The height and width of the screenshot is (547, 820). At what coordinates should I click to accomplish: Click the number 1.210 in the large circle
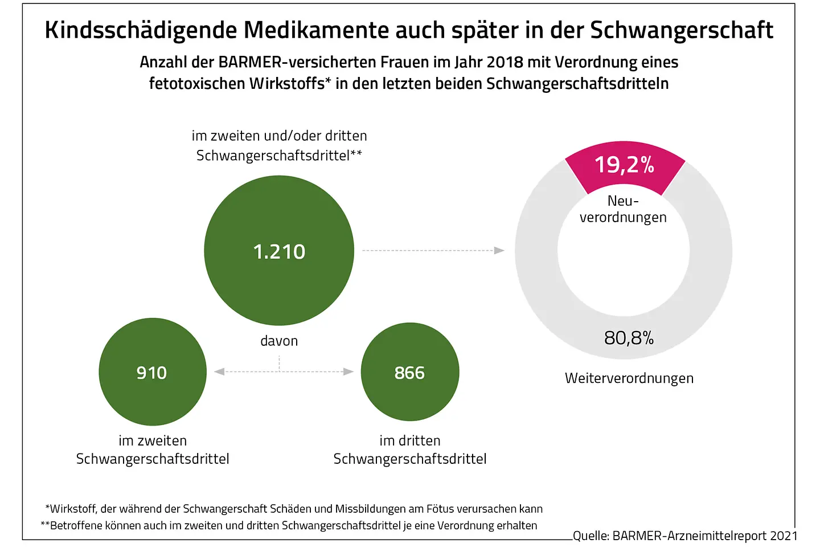tap(279, 251)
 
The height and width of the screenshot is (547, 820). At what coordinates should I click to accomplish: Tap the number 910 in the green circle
tap(151, 373)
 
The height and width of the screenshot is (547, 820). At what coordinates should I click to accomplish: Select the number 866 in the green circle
tap(409, 373)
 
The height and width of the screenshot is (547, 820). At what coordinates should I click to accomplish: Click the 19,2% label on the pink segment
tap(624, 165)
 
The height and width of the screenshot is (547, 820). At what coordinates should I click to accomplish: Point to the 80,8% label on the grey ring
tap(629, 338)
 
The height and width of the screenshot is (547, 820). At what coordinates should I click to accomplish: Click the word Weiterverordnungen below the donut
tap(629, 378)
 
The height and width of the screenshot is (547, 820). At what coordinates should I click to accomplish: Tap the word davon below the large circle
tap(279, 341)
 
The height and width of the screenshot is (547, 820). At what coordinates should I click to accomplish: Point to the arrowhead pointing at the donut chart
tap(499, 250)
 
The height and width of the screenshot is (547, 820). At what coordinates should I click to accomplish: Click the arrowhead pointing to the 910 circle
tap(219, 372)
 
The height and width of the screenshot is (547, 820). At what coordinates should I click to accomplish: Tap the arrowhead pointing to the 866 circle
tap(348, 372)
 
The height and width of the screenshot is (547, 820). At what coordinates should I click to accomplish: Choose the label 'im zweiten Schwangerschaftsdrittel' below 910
tap(153, 450)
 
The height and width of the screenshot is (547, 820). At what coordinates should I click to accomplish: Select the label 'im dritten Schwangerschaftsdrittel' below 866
tap(409, 450)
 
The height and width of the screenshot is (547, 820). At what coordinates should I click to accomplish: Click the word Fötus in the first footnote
tap(441, 509)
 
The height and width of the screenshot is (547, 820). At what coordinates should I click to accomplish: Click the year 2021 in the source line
tap(784, 536)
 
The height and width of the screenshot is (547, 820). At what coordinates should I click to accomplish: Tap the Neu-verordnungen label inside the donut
tap(623, 209)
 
